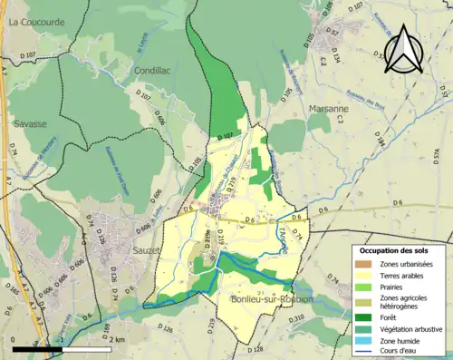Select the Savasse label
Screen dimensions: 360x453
coord(31,122)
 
